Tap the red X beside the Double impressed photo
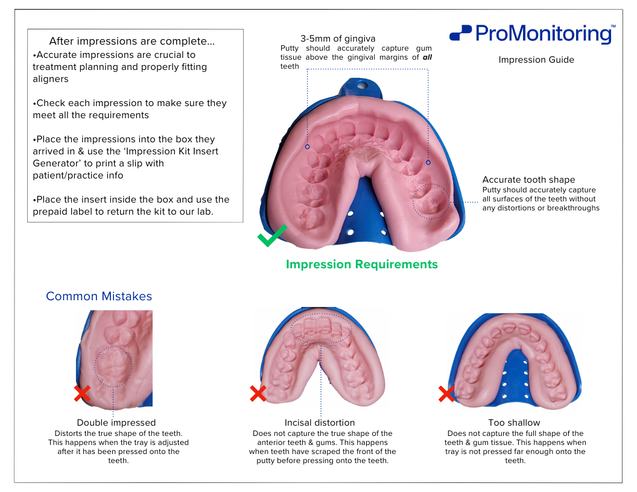82,393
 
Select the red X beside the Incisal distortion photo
258,393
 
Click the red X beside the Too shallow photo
446,394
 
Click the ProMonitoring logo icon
460,33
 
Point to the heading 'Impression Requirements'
361,264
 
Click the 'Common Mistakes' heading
99,296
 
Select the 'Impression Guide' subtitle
536,60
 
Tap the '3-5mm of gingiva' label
338,39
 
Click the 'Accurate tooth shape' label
528,180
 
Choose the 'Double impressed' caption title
116,423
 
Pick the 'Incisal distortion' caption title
320,423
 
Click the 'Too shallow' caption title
514,423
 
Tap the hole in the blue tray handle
361,85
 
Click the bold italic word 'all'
427,57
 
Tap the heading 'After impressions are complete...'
132,42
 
